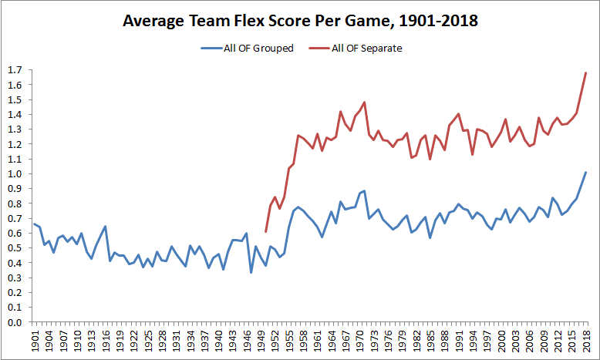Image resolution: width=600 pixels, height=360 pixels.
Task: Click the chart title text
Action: [x=301, y=22]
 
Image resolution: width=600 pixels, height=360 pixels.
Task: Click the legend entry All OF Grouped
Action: [x=256, y=48]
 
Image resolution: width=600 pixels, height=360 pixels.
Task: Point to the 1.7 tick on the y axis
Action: [x=14, y=70]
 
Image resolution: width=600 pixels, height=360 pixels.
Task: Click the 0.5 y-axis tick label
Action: [x=14, y=248]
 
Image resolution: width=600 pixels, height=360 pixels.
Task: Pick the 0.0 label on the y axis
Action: [x=14, y=322]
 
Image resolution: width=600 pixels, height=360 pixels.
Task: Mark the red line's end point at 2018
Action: [x=586, y=72]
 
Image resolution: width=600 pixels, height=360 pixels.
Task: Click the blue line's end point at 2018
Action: [x=586, y=172]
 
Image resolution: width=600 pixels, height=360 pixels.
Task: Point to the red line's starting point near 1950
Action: [x=265, y=231]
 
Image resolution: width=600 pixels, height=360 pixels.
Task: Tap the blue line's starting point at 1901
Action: [x=35, y=224]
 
